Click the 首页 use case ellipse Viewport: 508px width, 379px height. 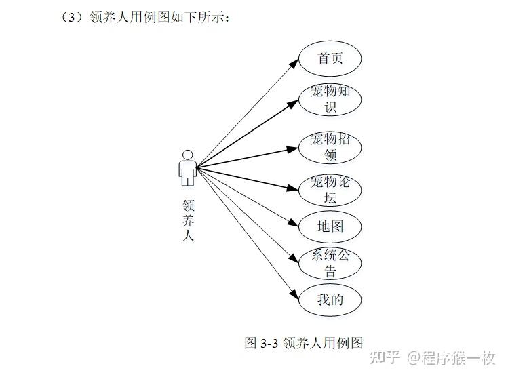[330, 58]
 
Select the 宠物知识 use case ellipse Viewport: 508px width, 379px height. [330, 99]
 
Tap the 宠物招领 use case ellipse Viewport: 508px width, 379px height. [330, 148]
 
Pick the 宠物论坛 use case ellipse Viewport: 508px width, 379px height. [330, 191]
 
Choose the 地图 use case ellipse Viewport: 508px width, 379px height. [330, 226]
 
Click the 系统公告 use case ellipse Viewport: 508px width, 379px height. [330, 263]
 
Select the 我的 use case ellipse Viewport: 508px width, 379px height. [330, 300]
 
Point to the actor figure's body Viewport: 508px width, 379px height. [188, 172]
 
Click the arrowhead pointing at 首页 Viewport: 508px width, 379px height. [294, 62]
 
